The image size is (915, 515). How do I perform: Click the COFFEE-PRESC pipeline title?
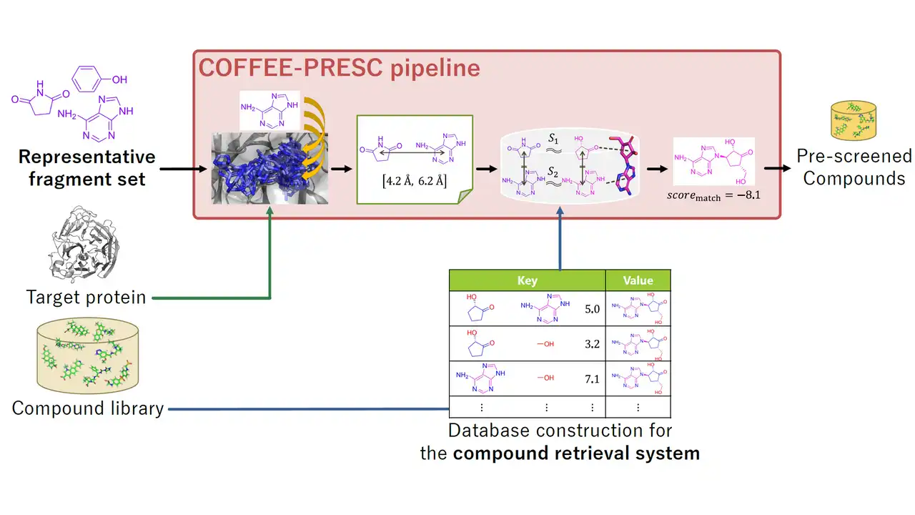pyautogui.click(x=339, y=68)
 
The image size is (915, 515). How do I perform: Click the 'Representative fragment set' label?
pyautogui.click(x=86, y=167)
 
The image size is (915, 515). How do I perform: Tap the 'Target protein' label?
pyautogui.click(x=86, y=296)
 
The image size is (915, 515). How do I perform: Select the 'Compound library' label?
pyautogui.click(x=88, y=408)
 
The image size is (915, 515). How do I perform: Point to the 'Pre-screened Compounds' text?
pyautogui.click(x=854, y=167)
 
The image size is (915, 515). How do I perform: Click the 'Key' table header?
pyautogui.click(x=527, y=280)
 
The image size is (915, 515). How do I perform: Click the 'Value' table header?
pyautogui.click(x=638, y=280)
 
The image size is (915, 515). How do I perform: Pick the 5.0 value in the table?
pyautogui.click(x=592, y=309)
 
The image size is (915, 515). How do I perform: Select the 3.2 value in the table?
pyautogui.click(x=592, y=344)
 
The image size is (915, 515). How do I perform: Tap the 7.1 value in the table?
pyautogui.click(x=592, y=379)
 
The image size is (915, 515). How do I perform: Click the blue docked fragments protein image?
pyautogui.click(x=269, y=167)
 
